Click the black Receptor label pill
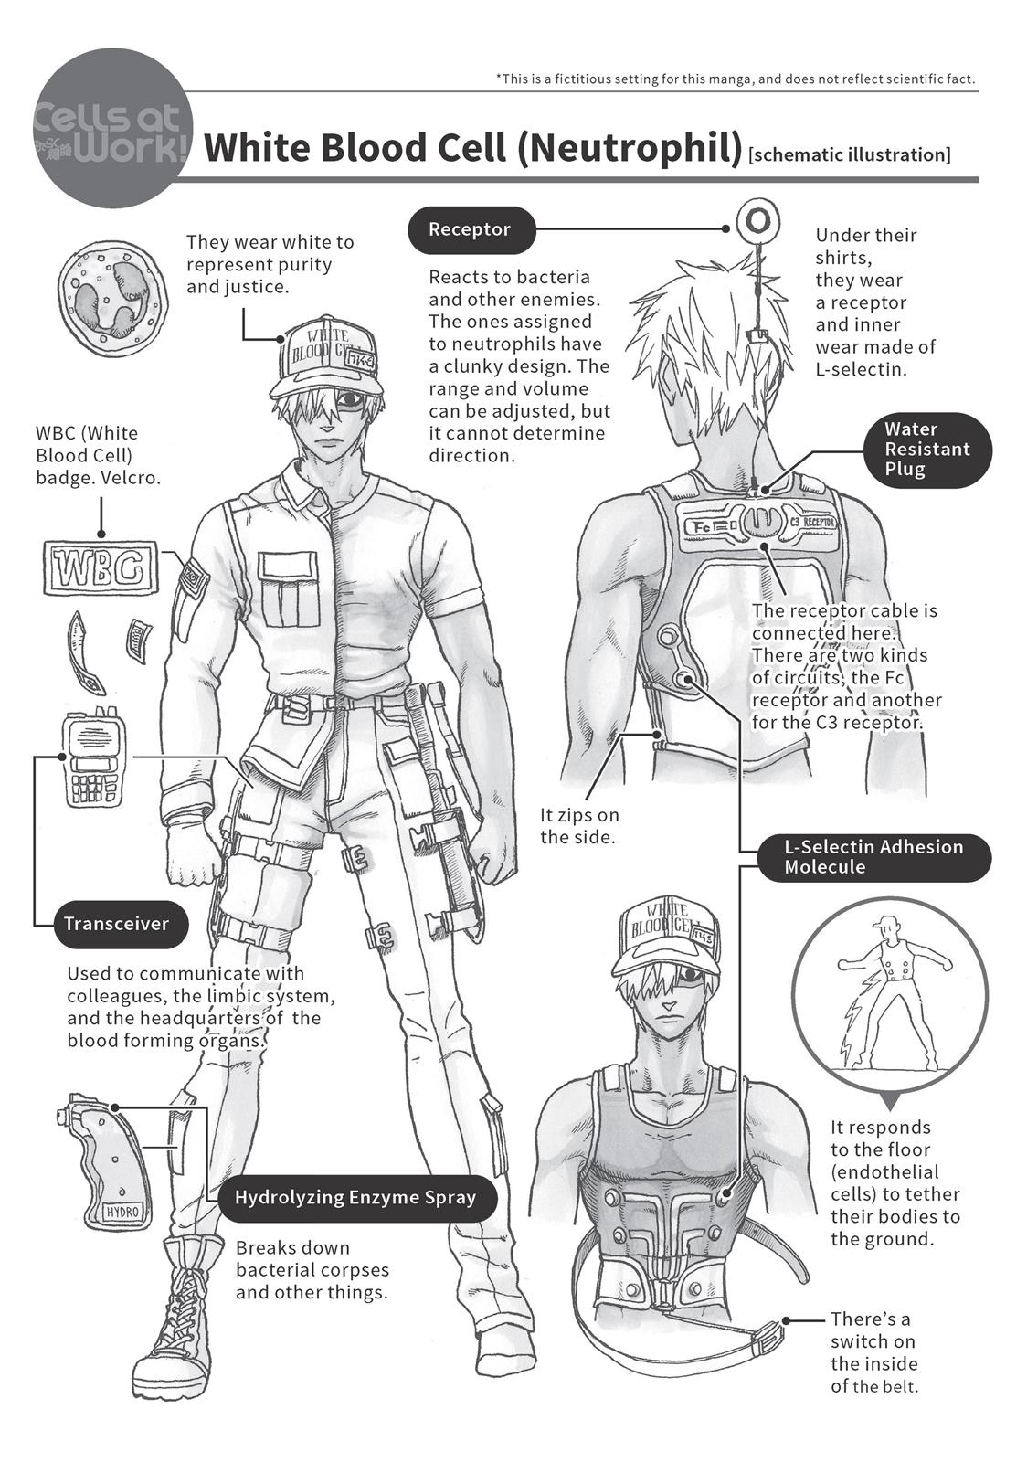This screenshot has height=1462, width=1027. click(x=469, y=229)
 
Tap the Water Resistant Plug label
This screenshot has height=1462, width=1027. click(x=926, y=450)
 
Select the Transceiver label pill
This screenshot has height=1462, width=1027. click(x=116, y=924)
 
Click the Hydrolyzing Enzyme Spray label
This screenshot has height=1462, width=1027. click(x=356, y=1198)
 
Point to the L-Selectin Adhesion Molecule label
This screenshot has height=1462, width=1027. click(x=873, y=857)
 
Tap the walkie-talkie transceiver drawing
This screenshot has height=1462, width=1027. click(x=93, y=757)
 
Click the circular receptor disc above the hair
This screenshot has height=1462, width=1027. click(x=757, y=220)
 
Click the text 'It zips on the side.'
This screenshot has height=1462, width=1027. click(x=578, y=825)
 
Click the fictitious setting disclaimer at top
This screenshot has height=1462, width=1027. click(x=736, y=79)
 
